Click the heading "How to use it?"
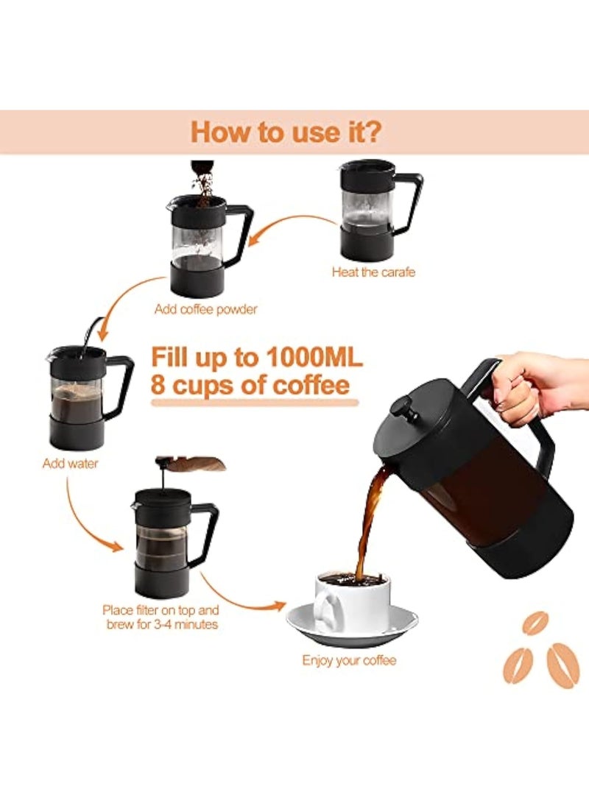coord(286,132)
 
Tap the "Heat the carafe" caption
coord(373,272)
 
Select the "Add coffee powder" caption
coord(205,309)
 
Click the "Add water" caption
coord(70,464)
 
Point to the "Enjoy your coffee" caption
coord(349,660)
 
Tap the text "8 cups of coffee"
coord(250,386)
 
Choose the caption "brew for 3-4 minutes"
coord(161,624)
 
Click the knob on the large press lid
coord(401,408)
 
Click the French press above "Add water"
coord(85,397)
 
